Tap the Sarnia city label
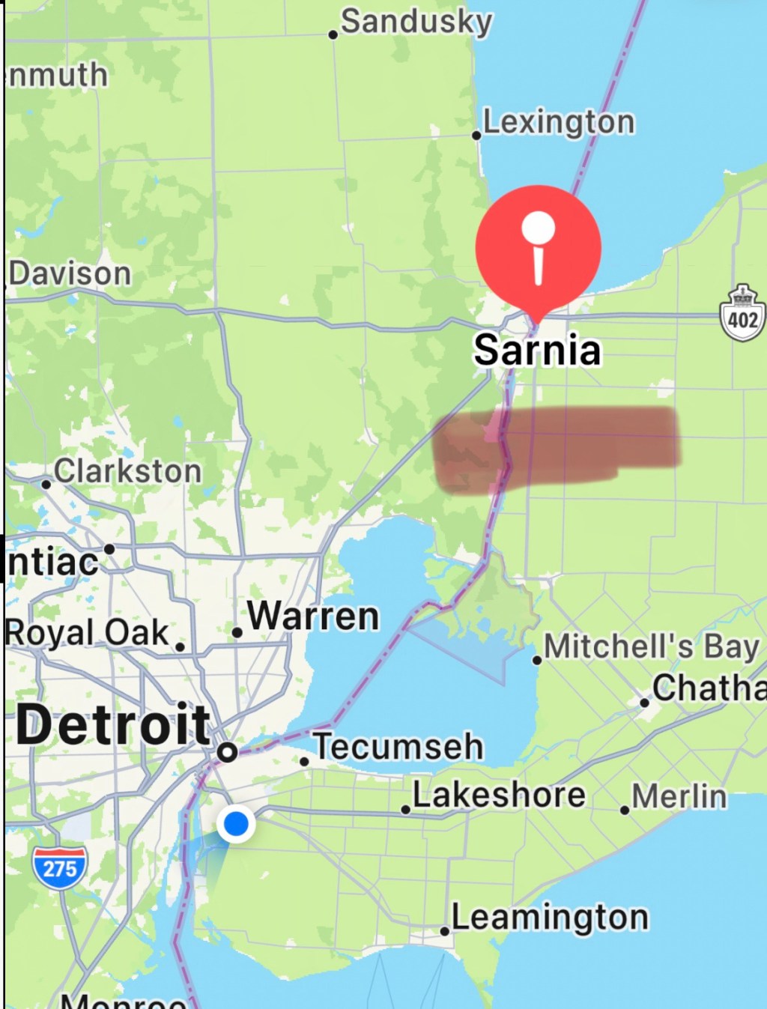[x=537, y=350]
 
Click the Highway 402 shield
[x=742, y=314]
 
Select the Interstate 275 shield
[x=59, y=867]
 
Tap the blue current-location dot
[x=236, y=823]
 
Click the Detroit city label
[x=113, y=724]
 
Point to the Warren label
[x=313, y=616]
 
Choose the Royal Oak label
[x=88, y=632]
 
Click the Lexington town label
[x=559, y=121]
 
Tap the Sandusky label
[x=416, y=21]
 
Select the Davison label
[x=70, y=273]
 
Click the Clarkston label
[x=128, y=471]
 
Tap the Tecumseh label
[x=398, y=747]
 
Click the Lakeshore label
[x=499, y=795]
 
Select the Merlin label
[x=679, y=797]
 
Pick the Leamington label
[x=550, y=917]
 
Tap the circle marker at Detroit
[x=228, y=751]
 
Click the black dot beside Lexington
[x=476, y=136]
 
